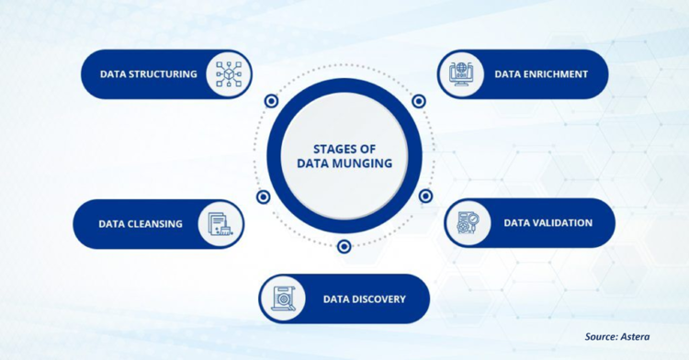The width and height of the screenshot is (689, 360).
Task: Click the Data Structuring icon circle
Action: click(228, 74)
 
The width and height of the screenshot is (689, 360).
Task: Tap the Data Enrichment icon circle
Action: click(461, 74)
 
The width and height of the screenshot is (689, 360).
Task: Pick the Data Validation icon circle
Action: click(469, 223)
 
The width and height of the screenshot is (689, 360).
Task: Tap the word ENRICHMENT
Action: click(555, 74)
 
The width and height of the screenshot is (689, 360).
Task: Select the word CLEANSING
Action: click(155, 224)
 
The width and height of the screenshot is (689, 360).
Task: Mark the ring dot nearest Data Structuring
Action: click(271, 101)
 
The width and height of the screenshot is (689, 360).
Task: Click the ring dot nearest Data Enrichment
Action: click(418, 101)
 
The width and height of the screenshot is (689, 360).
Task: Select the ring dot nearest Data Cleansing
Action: click(264, 197)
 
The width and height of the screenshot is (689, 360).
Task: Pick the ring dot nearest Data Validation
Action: click(425, 197)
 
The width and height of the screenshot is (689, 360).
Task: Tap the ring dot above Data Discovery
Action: click(344, 246)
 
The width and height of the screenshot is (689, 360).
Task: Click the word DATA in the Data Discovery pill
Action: click(336, 299)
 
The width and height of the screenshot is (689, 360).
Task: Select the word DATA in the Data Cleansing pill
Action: click(112, 224)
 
